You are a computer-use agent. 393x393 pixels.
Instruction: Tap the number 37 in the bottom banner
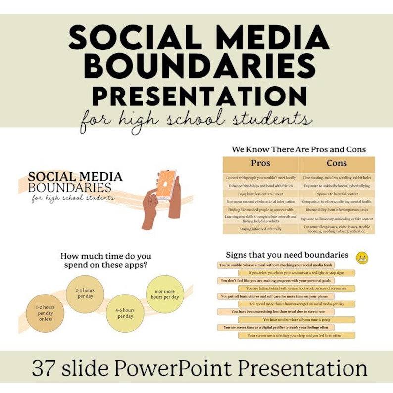point(43,368)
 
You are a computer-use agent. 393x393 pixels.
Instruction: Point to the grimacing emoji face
point(363,258)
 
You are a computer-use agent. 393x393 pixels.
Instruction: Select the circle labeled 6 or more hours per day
point(165,294)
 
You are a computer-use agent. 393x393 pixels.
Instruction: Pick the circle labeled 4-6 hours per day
point(125,313)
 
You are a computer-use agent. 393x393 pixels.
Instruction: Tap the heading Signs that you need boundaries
point(287,255)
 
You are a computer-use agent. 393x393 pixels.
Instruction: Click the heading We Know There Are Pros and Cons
point(298,149)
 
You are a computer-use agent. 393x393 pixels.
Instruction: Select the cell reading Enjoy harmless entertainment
point(261,194)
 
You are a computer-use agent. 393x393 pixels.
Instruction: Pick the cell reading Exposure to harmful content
point(337,194)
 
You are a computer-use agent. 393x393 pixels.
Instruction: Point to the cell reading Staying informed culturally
point(261,229)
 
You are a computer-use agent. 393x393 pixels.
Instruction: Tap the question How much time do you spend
point(106,260)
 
